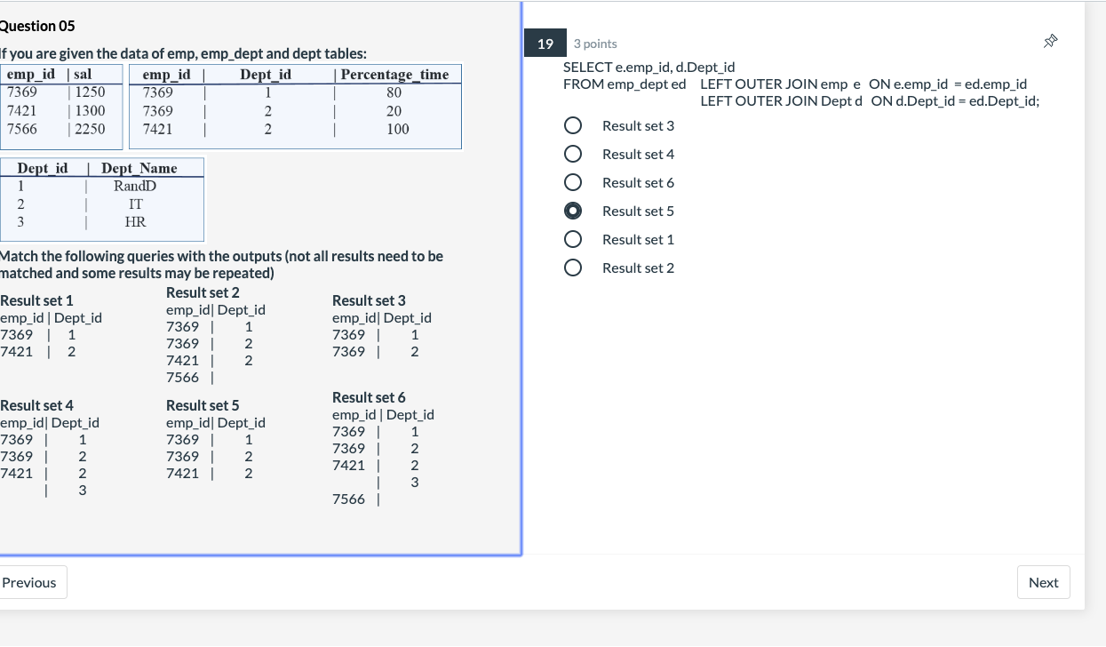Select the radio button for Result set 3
click(574, 125)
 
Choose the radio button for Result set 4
click(574, 154)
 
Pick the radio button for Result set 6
click(574, 182)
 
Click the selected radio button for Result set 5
click(574, 211)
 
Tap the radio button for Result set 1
click(574, 240)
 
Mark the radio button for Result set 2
click(574, 268)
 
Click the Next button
click(1043, 583)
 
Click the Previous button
click(30, 583)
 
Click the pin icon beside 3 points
click(1051, 41)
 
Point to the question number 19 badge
click(545, 44)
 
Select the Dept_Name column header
click(139, 169)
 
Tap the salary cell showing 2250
click(91, 129)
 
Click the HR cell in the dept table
click(135, 222)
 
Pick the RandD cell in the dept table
click(135, 187)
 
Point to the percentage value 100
click(397, 129)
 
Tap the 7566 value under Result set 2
click(182, 378)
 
